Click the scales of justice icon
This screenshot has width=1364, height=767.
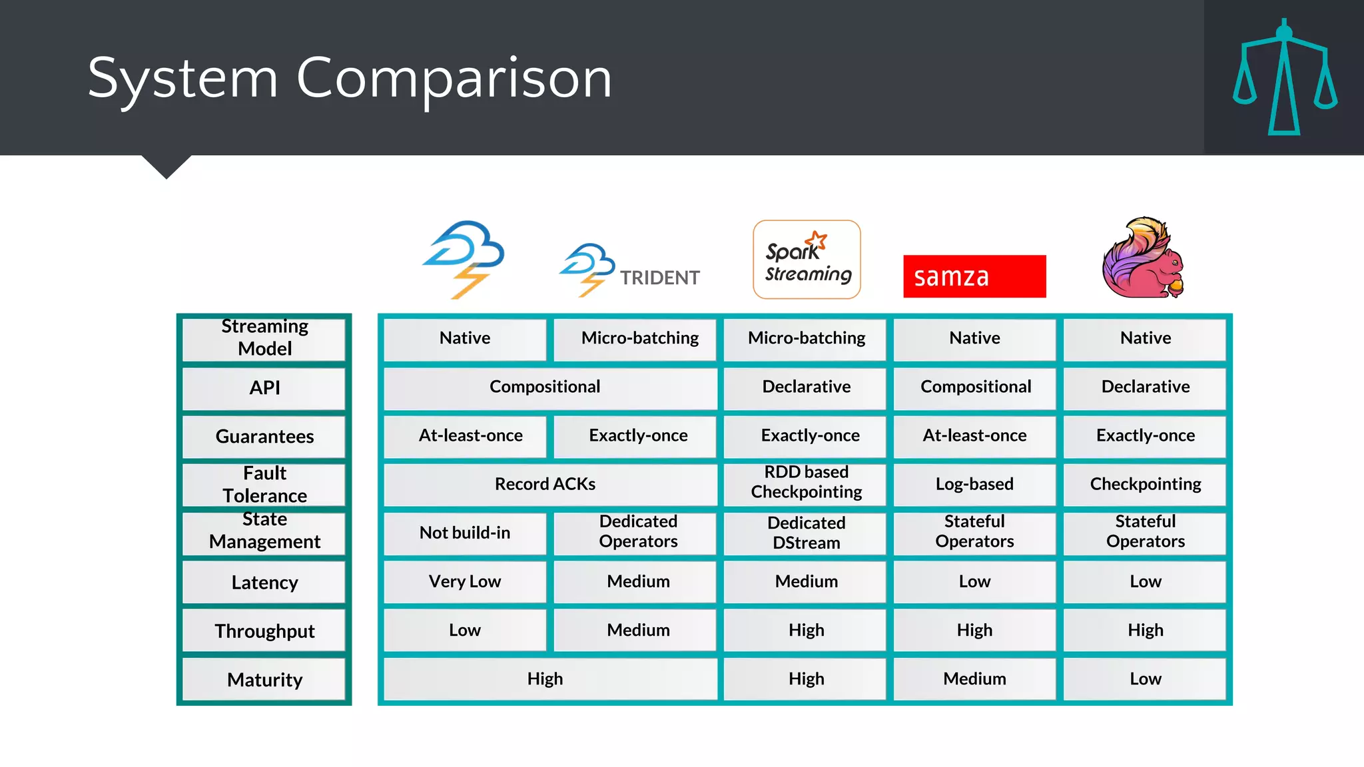1284,78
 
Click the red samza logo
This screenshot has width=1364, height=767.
974,276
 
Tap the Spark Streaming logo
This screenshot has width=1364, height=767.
807,260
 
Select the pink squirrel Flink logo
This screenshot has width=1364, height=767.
1144,258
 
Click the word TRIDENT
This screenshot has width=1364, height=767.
659,278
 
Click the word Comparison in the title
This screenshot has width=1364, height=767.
454,79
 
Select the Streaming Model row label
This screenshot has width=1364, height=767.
264,338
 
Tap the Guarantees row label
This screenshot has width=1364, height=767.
264,436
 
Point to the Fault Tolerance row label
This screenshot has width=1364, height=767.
264,484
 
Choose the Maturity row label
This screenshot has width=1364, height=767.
264,680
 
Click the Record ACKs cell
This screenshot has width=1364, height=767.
545,484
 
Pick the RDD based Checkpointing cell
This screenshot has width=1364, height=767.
806,482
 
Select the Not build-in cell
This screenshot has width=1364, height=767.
465,533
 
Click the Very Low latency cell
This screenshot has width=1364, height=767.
465,581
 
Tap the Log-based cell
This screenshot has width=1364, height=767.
974,484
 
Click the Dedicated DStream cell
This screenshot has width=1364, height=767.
806,533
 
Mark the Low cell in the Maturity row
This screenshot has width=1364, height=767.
1145,678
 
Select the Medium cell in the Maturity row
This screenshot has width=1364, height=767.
974,678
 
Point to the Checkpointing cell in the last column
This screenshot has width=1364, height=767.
1145,484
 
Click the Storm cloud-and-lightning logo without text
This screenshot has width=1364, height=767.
465,258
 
